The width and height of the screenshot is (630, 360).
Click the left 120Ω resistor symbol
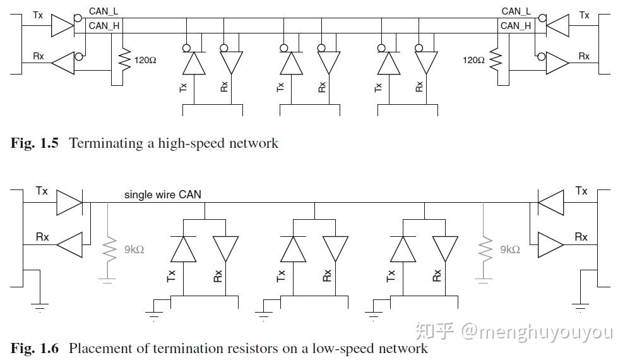pyautogui.click(x=125, y=60)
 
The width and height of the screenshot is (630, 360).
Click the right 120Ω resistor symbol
pyautogui.click(x=496, y=60)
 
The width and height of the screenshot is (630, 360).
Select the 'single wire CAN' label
pyautogui.click(x=162, y=195)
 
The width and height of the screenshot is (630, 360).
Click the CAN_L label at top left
pyautogui.click(x=104, y=11)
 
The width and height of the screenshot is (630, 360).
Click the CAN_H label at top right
pyautogui.click(x=516, y=26)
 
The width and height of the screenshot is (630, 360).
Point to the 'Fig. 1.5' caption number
pyautogui.click(x=35, y=143)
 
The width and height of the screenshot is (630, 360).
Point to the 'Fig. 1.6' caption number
pyautogui.click(x=35, y=347)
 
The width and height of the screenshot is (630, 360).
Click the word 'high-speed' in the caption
pyautogui.click(x=192, y=143)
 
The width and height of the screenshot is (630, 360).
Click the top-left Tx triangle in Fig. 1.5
pyautogui.click(x=62, y=26)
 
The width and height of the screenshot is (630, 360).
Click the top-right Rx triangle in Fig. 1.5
pyautogui.click(x=557, y=63)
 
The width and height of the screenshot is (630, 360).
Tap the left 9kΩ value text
pyautogui.click(x=134, y=249)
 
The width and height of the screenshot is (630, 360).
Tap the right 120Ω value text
pyautogui.click(x=473, y=60)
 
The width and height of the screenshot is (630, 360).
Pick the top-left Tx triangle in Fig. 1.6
pyautogui.click(x=69, y=203)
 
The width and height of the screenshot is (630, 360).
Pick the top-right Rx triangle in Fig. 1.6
pyautogui.click(x=551, y=244)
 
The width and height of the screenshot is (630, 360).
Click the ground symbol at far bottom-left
pyautogui.click(x=40, y=308)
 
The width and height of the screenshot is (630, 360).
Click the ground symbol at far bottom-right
pyautogui.click(x=580, y=308)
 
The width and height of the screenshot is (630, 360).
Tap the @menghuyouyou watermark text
pyautogui.click(x=537, y=332)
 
